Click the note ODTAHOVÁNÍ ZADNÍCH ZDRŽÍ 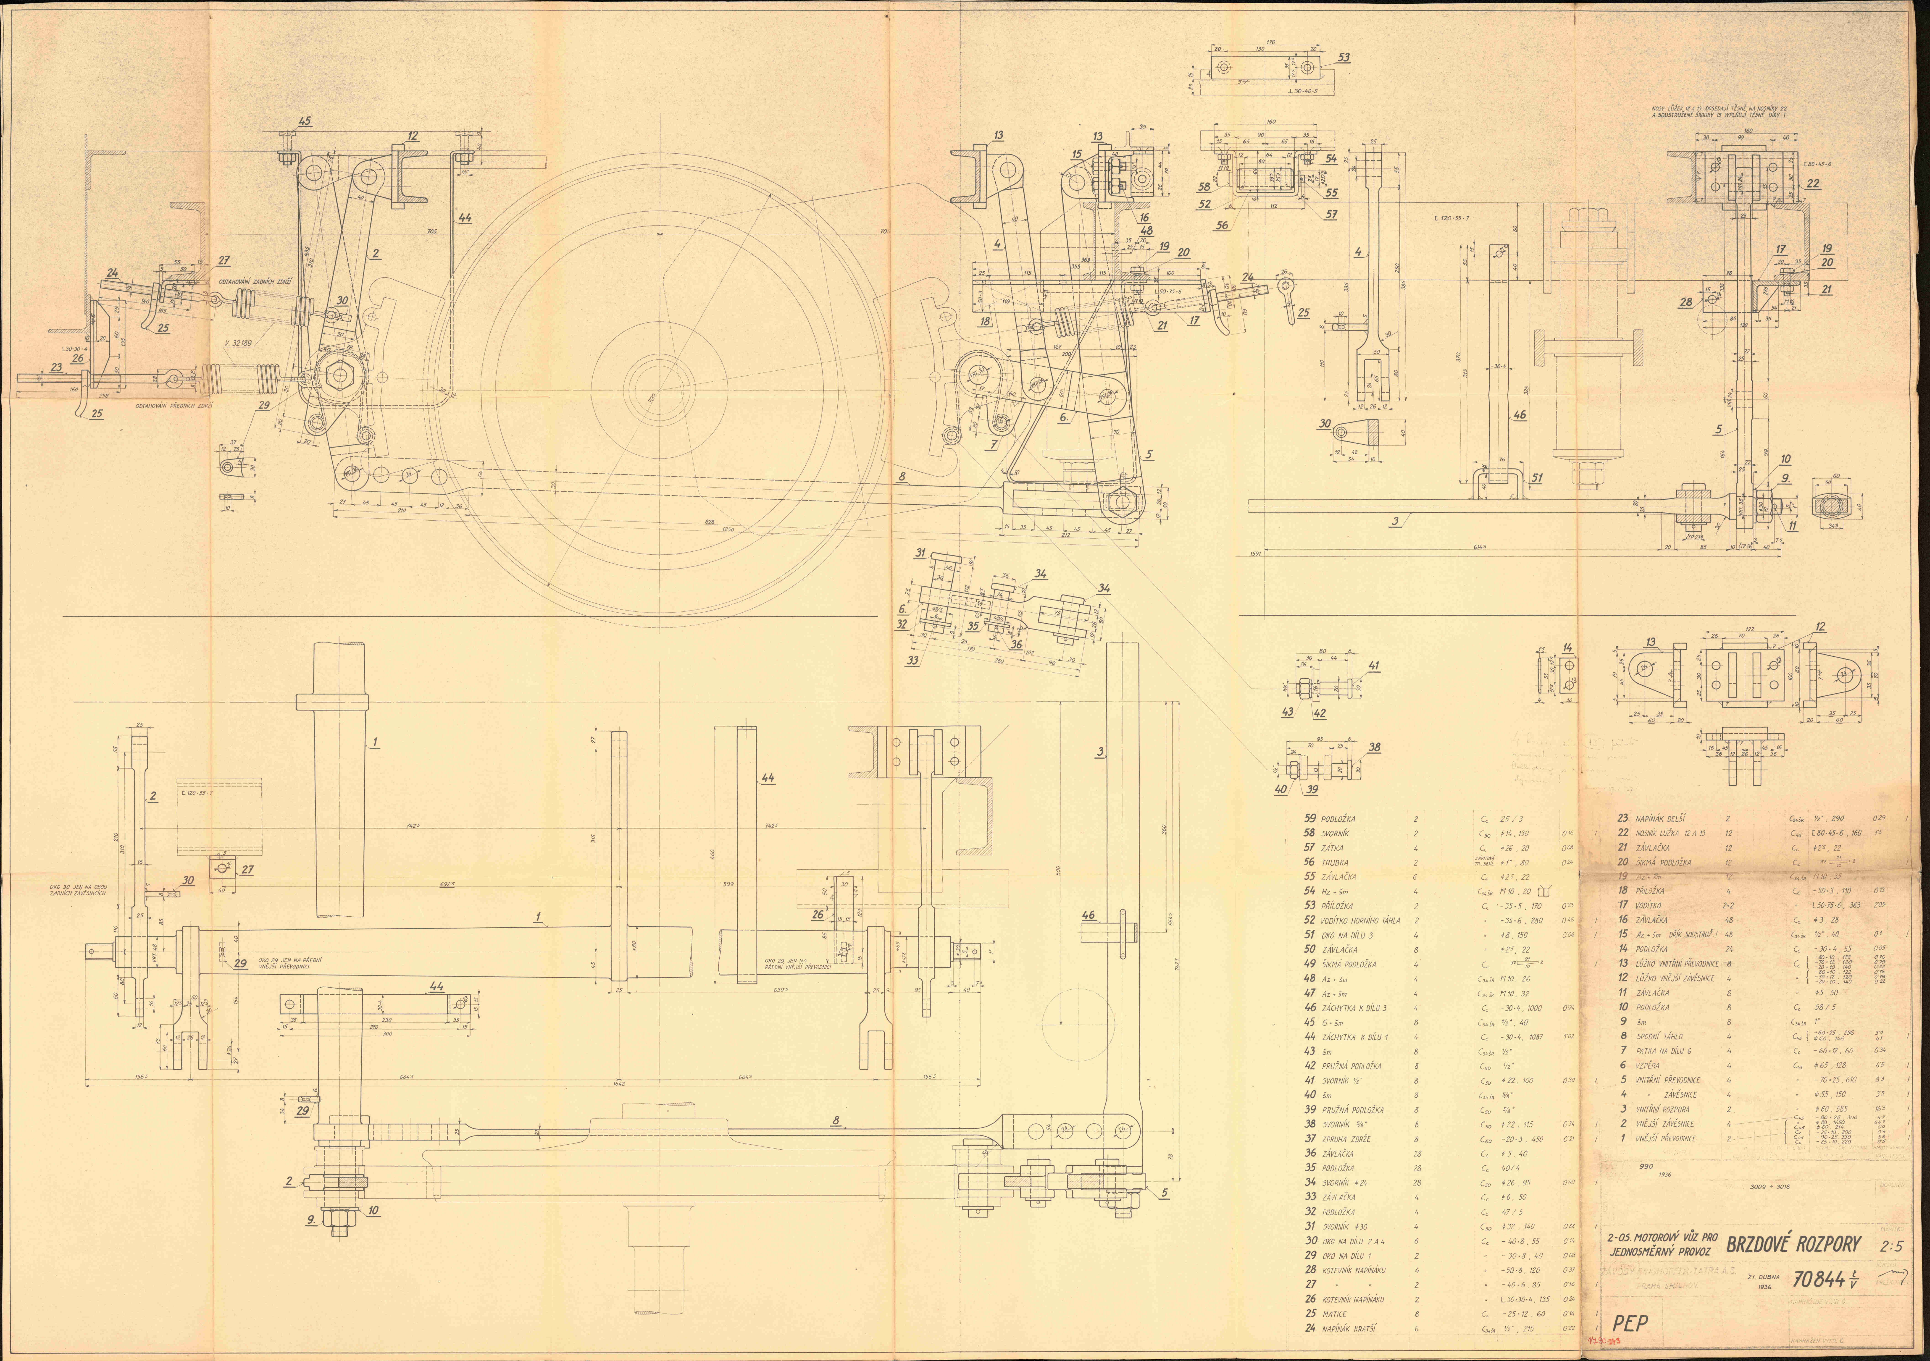click(x=255, y=282)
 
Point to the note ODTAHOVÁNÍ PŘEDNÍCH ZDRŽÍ click(x=174, y=405)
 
